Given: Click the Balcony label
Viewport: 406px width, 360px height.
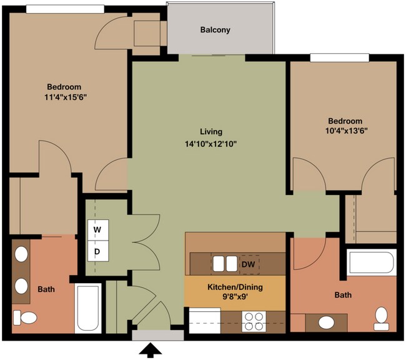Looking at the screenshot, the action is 215,30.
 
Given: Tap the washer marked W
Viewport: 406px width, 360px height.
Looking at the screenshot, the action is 98,230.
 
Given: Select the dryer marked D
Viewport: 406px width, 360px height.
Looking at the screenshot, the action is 98,251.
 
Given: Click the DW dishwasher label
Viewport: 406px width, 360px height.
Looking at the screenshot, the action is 248,264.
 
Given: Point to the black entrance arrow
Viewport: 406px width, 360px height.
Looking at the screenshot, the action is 151,351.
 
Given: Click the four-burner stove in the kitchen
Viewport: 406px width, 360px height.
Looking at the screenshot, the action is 254,322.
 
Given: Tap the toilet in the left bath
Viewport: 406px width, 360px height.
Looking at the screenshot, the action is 25,317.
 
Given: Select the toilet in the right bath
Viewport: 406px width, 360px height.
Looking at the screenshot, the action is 381,319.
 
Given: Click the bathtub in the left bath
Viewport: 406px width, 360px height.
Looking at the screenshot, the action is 88,308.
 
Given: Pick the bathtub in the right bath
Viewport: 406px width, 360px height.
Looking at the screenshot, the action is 372,262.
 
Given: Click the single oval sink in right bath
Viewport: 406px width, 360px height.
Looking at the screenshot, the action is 326,322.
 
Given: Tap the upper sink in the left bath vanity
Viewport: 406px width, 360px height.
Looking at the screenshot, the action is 21,254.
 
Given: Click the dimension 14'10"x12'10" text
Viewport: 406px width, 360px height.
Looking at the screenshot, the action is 211,144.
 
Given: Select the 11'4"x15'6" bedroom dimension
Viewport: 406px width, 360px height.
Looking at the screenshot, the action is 65,97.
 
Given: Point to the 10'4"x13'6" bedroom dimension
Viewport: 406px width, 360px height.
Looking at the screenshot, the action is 347,131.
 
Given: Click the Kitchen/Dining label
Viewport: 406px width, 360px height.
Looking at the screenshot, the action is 235,287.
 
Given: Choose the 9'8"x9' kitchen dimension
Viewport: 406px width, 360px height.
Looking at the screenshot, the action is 235,296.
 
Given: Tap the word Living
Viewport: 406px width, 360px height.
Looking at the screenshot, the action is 211,132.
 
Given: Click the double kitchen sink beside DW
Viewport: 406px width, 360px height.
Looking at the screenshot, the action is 225,264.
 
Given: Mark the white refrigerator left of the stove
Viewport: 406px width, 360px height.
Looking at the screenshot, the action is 205,321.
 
